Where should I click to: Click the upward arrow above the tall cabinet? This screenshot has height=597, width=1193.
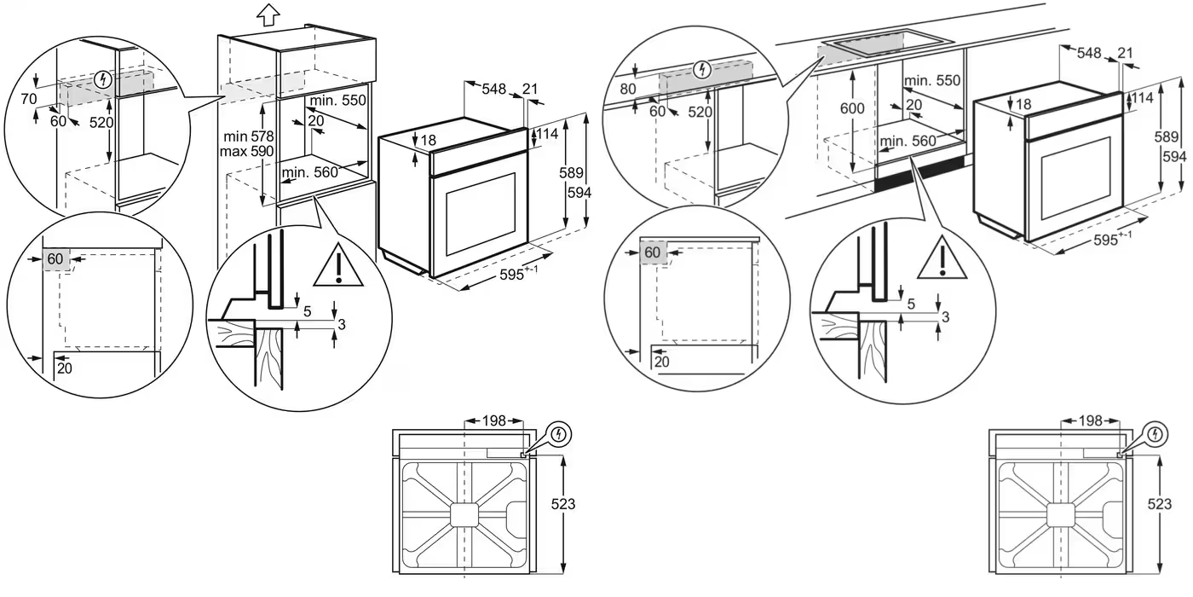(268, 14)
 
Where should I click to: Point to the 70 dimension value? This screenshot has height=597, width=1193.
(29, 100)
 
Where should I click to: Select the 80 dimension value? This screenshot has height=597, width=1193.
(628, 89)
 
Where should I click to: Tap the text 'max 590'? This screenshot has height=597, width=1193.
(247, 151)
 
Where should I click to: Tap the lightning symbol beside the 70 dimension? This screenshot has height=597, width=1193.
(104, 81)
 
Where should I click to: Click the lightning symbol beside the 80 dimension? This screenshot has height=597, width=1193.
(703, 70)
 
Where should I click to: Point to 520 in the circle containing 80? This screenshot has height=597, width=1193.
(700, 112)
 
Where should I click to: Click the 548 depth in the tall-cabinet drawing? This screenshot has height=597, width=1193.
(494, 89)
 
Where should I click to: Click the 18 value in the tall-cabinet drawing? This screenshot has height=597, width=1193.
(428, 140)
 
